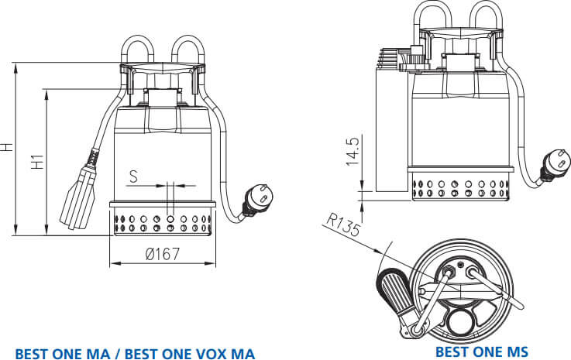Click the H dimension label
tap(7, 146)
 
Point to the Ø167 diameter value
tap(162, 252)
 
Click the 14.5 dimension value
tap(353, 152)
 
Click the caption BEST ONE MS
tap(481, 351)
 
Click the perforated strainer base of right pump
tap(461, 189)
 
